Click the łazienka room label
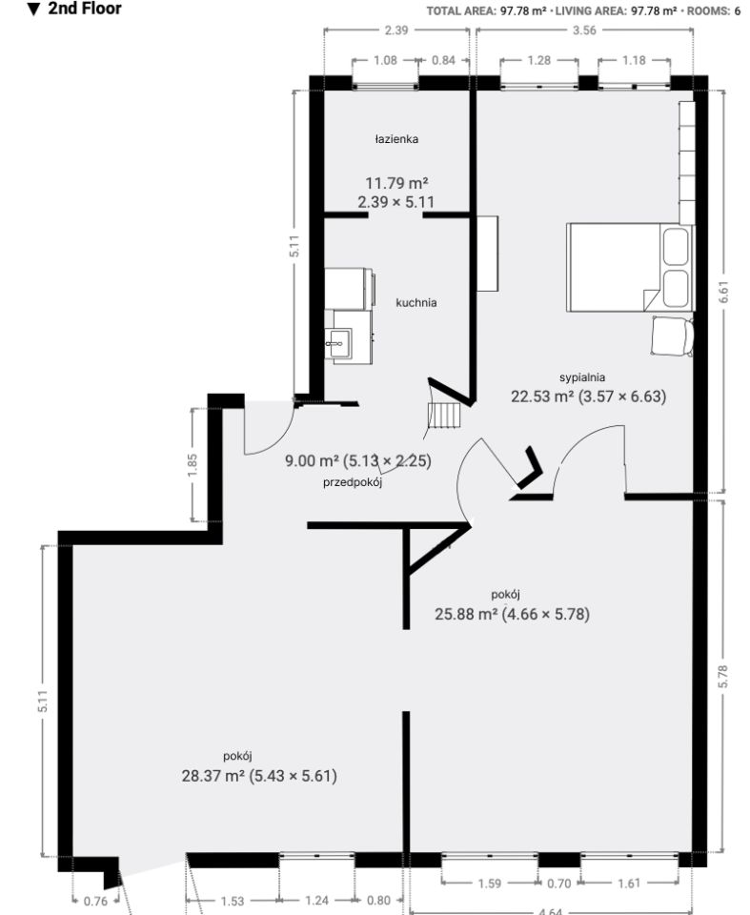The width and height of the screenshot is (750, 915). click(396, 139)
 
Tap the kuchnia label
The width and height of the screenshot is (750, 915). click(416, 302)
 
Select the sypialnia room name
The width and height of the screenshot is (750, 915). click(582, 377)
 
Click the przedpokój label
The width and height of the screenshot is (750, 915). click(353, 482)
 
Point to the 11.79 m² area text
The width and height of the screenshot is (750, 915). click(396, 183)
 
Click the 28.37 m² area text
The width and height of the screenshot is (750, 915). click(213, 776)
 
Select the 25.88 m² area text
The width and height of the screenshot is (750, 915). click(466, 614)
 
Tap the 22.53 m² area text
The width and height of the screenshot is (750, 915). click(542, 396)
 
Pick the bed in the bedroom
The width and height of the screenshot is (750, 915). click(630, 267)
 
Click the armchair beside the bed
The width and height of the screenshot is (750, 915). click(673, 335)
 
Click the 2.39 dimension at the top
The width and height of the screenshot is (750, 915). click(396, 30)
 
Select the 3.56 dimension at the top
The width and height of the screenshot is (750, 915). click(584, 30)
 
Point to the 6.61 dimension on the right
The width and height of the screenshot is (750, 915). click(723, 292)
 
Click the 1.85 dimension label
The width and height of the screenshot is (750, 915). click(193, 464)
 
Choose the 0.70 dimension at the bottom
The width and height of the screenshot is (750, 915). click(558, 884)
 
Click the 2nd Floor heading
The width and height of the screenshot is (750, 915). click(85, 9)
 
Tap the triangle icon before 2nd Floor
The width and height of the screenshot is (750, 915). click(34, 9)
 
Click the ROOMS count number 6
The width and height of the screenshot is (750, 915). click(738, 10)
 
